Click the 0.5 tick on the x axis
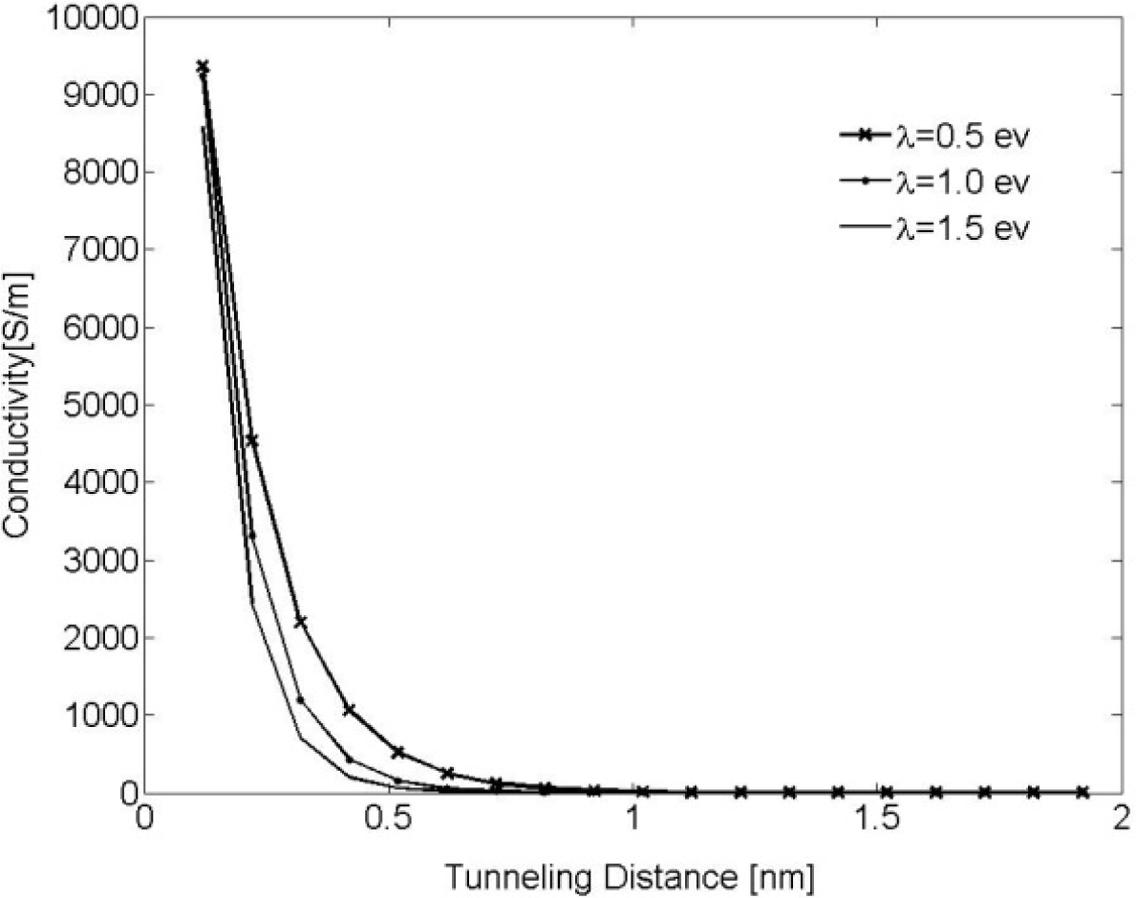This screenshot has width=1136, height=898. pyautogui.click(x=389, y=821)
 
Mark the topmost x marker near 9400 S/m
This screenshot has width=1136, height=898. pyautogui.click(x=203, y=67)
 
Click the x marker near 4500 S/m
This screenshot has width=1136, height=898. pyautogui.click(x=251, y=440)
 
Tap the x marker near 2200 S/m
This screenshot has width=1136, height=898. pyautogui.click(x=300, y=622)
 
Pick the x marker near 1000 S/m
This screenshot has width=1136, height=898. pyautogui.click(x=349, y=710)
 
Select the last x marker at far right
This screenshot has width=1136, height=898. pyautogui.click(x=1082, y=792)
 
